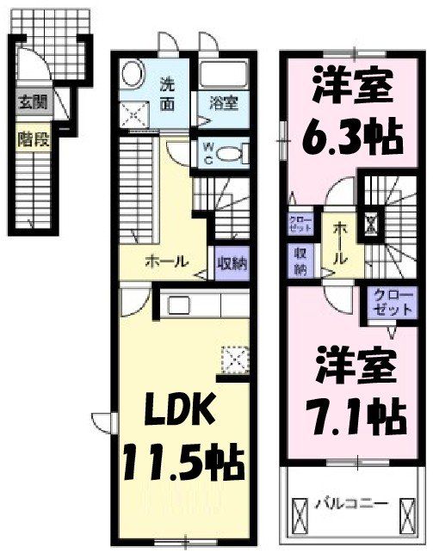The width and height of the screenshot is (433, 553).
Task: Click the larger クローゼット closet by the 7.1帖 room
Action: point(392,304)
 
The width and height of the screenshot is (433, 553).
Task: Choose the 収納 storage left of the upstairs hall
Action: point(300,261)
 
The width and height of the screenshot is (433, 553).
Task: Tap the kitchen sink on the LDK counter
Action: point(180,304)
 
